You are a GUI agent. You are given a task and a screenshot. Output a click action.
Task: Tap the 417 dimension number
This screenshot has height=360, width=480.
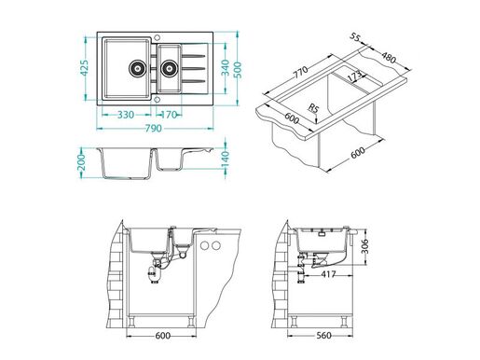328,275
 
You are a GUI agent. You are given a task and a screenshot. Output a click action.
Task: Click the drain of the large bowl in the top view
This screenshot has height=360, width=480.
136,67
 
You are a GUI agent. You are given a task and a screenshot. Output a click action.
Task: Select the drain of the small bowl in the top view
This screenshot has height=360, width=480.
170,67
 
